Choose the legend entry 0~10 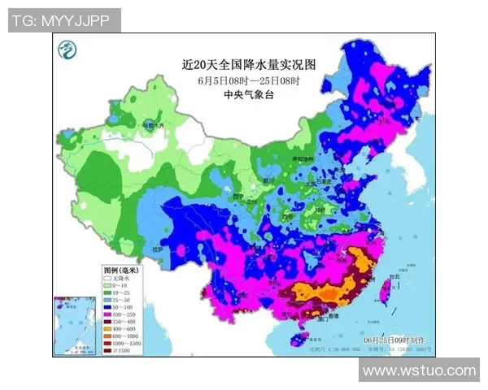click(120, 286)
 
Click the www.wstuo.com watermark click(420, 370)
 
